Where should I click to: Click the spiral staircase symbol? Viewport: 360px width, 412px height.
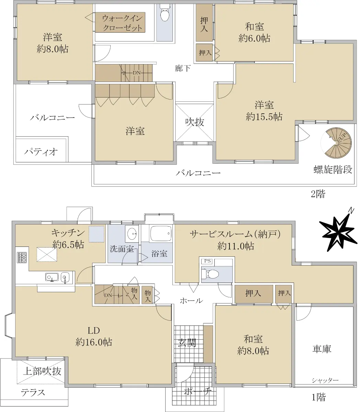[336, 143]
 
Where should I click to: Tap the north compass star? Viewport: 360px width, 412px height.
[337, 234]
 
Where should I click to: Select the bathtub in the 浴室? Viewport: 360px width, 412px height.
[161, 233]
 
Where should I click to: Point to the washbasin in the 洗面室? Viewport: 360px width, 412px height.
[132, 234]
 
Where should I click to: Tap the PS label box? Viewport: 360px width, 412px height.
[207, 261]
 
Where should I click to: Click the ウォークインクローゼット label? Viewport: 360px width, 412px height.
[123, 23]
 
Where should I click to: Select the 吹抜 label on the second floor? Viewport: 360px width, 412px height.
[195, 122]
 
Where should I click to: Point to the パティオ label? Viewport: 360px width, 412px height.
[41, 152]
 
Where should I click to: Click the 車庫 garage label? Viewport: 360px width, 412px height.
[322, 349]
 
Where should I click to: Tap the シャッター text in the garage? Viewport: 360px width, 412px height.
[325, 380]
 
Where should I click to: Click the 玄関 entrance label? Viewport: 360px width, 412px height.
[187, 342]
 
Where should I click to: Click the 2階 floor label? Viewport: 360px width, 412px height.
[318, 194]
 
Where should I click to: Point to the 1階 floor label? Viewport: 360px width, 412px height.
[319, 397]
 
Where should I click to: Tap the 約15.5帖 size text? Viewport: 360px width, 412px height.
[264, 117]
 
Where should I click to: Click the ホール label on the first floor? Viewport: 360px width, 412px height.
[191, 301]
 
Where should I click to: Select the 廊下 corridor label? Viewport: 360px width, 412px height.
[182, 68]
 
